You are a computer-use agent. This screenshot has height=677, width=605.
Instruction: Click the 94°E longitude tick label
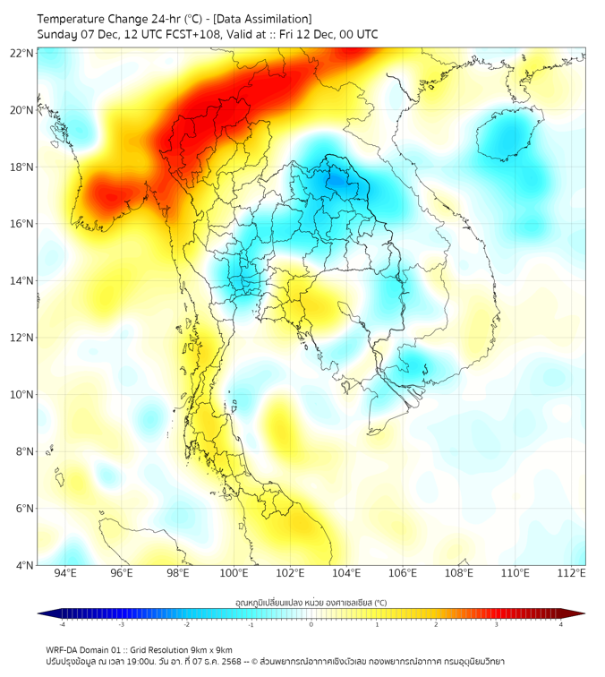point(65,574)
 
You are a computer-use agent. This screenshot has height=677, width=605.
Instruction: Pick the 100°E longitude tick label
point(234,574)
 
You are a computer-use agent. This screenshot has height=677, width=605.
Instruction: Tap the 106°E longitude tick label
point(404,574)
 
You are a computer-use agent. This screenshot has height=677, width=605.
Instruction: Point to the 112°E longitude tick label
point(573,574)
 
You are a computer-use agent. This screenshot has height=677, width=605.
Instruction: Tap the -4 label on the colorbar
point(62,624)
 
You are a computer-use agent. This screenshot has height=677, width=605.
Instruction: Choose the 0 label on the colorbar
point(311,624)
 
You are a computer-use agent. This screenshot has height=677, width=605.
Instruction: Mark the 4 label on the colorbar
point(561,624)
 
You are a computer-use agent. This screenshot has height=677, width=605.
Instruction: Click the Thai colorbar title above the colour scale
point(311,603)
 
